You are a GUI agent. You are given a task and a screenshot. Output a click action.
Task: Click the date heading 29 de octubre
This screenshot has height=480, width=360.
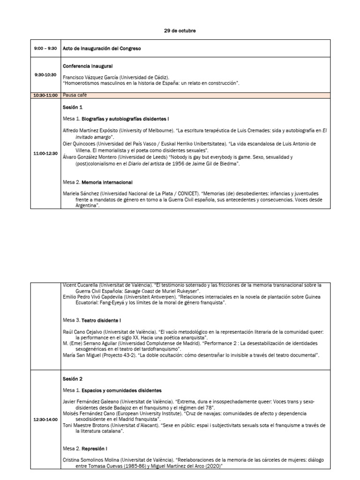coord(180,31)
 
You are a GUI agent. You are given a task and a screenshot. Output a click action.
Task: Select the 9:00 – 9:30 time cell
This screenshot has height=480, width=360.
coord(45,48)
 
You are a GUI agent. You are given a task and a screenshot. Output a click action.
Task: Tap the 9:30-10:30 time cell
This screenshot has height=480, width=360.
coord(45,75)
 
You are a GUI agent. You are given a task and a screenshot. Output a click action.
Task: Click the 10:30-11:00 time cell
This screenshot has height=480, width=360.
coord(45,95)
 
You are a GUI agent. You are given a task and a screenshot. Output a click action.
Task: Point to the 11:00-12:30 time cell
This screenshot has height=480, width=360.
coord(45,153)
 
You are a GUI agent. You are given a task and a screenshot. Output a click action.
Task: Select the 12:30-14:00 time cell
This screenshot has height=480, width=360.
coord(45,420)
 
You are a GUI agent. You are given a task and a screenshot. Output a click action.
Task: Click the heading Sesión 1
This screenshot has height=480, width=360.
coord(72,107)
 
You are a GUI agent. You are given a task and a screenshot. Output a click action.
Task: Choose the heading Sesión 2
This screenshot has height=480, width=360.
coord(72,378)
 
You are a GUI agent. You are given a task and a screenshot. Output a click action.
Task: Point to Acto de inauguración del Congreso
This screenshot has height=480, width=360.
coord(101,48)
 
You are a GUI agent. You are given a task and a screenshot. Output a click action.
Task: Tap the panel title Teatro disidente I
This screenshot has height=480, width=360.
coord(102,320)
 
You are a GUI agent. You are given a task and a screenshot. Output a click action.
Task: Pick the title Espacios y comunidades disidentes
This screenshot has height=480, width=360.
coord(121,390)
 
